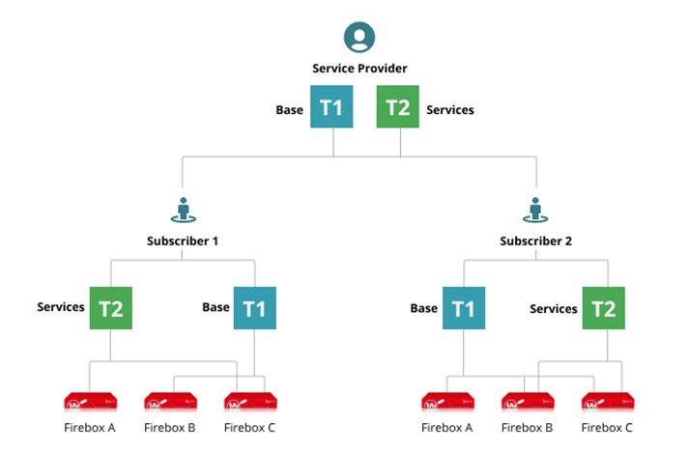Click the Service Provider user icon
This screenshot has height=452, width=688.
[359, 38]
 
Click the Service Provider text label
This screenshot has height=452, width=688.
[359, 69]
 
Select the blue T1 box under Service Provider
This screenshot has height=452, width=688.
[331, 108]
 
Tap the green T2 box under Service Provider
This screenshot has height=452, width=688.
[398, 108]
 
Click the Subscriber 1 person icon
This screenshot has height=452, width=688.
[183, 210]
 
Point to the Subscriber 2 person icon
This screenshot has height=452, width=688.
[534, 210]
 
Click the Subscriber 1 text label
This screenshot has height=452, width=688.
[183, 240]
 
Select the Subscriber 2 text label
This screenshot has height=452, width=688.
[536, 240]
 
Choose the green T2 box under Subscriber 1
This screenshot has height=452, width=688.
[111, 308]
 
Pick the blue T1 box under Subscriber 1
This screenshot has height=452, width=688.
[255, 308]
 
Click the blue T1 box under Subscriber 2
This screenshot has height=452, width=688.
[464, 308]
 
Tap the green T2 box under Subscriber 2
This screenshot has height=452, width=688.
[603, 308]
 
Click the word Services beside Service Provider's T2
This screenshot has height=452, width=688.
[450, 110]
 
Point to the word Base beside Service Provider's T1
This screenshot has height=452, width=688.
[289, 110]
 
